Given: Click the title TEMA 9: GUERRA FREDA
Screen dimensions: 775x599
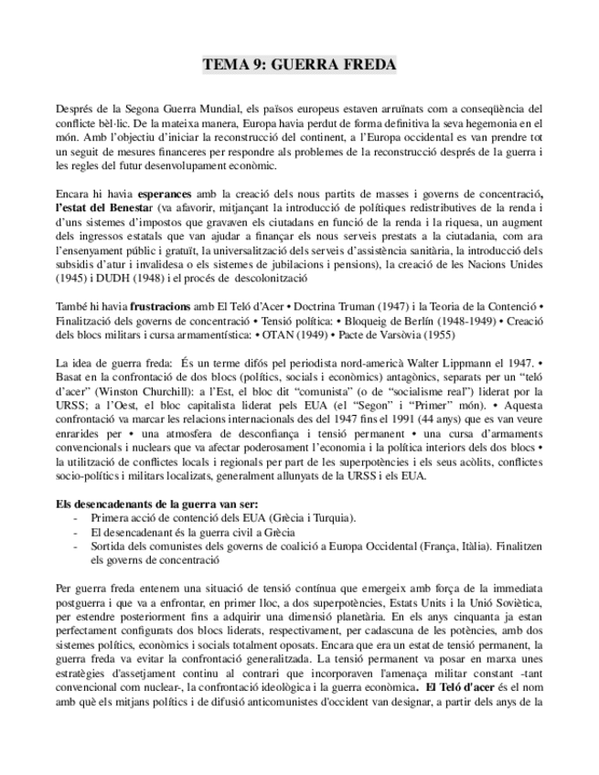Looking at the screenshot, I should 299,65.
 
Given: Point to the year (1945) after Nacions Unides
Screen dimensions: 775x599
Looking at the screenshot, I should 70,278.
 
